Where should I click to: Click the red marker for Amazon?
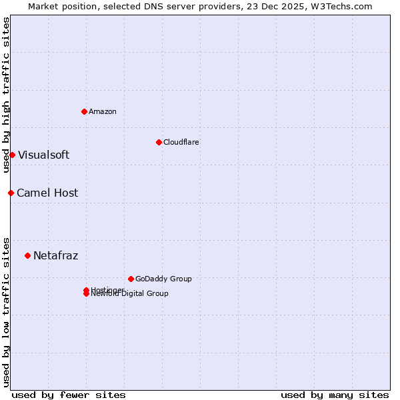point(84,111)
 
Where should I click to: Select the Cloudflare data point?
point(159,142)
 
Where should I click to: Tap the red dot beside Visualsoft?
point(12,155)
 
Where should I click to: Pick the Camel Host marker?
point(11,193)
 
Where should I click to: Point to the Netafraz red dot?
point(27,255)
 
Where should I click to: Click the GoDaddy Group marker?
point(131,279)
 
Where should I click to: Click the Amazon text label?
point(102,111)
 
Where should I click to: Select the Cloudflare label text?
point(181,142)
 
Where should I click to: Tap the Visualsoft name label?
point(43,155)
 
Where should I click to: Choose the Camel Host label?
point(47,193)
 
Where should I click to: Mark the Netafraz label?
point(55,255)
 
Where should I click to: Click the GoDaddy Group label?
point(163,279)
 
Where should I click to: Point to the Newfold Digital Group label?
point(129,294)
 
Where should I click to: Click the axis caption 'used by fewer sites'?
point(69,395)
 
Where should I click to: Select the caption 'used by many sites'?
point(335,395)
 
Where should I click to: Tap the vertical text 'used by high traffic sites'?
point(6,95)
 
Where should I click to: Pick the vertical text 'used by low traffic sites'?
point(6,311)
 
